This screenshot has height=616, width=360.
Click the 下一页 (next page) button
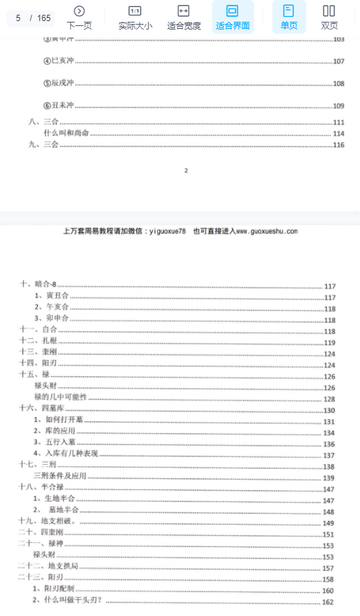79,17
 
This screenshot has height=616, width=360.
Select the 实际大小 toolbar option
134,17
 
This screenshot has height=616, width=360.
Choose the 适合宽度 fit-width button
184,17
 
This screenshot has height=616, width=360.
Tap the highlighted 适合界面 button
233,17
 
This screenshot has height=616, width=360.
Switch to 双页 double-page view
328,17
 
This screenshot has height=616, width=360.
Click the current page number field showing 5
18,18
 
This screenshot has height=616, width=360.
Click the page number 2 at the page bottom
186,170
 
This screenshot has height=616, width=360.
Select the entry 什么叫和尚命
66,133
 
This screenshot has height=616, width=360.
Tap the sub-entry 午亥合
51,307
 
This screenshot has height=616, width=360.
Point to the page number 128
329,399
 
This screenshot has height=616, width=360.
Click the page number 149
328,522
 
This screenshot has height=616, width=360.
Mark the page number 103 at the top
338,39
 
